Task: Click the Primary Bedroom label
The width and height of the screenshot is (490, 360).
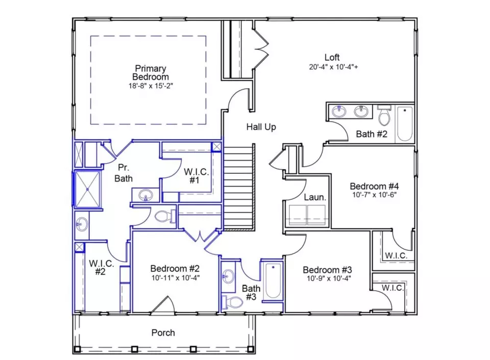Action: click(150, 72)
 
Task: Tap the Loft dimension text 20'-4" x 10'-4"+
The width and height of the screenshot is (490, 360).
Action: click(333, 67)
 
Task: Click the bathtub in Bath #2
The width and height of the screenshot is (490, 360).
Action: click(405, 124)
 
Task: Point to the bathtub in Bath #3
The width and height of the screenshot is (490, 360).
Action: click(273, 280)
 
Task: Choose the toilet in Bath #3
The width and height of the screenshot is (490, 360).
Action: click(232, 302)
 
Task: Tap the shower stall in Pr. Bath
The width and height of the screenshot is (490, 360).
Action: click(87, 189)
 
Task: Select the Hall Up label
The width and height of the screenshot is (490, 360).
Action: click(261, 127)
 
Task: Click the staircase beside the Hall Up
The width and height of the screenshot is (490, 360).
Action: click(239, 187)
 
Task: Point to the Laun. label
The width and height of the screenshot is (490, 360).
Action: click(315, 197)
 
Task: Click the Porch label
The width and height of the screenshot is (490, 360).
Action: click(163, 332)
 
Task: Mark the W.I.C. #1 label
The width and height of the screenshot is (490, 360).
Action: click(196, 176)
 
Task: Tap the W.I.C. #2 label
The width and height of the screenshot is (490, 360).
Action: click(101, 267)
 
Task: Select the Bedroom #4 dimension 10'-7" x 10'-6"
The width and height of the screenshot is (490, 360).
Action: click(374, 195)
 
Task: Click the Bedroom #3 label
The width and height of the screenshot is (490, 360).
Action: click(327, 269)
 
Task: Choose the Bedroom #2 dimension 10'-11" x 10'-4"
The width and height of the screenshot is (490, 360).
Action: click(176, 278)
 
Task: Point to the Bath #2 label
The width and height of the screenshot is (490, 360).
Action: click(372, 134)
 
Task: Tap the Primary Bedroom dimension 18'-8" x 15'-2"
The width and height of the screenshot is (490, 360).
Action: click(151, 86)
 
